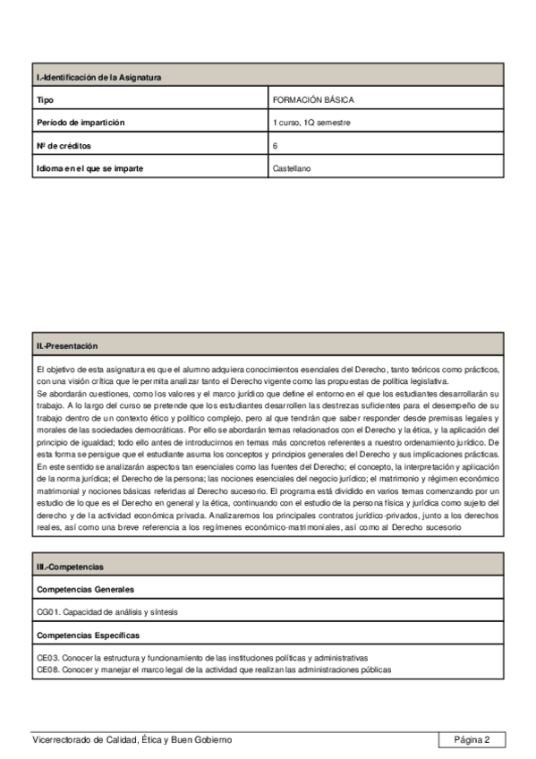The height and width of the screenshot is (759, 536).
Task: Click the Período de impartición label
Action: pos(80,123)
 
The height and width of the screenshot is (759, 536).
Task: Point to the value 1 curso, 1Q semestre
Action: pos(311,123)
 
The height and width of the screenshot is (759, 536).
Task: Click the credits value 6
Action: pos(276,145)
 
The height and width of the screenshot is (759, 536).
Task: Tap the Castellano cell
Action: pos(292,167)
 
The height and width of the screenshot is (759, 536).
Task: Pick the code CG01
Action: pos(47,611)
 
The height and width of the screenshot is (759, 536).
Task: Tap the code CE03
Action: pos(47,658)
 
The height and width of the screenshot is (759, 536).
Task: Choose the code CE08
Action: pos(47,669)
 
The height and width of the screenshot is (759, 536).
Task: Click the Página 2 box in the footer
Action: pos(472,739)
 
